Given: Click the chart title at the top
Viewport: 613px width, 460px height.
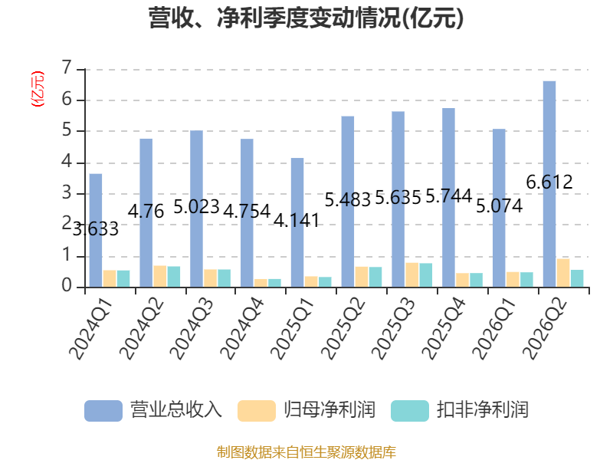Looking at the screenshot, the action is [x=306, y=18].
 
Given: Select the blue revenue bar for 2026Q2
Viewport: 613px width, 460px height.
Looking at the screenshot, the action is [x=549, y=184].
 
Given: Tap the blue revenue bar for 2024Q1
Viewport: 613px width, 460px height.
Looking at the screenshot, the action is [x=96, y=231].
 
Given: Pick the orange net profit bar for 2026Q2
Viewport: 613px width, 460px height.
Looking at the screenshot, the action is [x=563, y=273].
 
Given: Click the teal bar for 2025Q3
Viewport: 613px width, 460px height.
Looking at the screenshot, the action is [x=426, y=275].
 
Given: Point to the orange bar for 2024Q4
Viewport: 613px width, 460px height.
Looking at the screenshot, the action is [x=261, y=283].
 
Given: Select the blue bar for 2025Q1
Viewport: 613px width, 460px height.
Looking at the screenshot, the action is [x=297, y=222].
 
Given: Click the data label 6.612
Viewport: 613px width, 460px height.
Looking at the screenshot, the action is [x=549, y=182].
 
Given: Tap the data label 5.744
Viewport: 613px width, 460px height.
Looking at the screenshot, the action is [x=449, y=195].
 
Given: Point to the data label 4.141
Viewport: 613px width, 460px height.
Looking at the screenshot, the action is [x=297, y=221].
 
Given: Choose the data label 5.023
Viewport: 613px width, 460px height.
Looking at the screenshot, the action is [x=196, y=206].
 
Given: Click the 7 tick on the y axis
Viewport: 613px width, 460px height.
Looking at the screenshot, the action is [x=67, y=68].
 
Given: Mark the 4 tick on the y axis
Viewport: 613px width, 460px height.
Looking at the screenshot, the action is [x=67, y=161].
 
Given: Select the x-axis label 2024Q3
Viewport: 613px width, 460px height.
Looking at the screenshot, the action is [x=192, y=329].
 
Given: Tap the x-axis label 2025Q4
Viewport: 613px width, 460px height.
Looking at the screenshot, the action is [x=444, y=329].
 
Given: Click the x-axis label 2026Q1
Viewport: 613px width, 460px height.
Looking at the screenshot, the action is [x=494, y=329].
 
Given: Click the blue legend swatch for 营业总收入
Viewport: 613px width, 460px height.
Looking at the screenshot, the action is [x=103, y=411].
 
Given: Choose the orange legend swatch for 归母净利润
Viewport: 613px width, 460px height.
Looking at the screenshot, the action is [x=257, y=411].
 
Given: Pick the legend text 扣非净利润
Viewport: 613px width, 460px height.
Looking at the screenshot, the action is [x=483, y=410].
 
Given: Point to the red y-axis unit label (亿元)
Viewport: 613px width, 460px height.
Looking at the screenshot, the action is [x=38, y=89].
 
